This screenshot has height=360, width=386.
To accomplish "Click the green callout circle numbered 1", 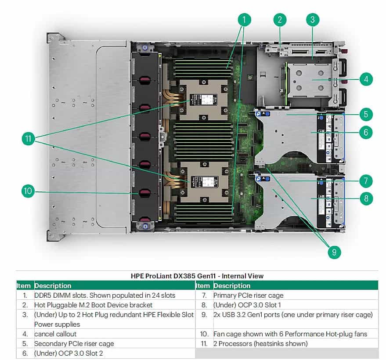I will point(245,19).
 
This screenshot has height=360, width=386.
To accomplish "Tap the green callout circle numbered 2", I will point(280,19).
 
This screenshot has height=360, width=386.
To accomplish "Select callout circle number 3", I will point(312,19).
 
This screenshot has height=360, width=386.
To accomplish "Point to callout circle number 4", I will point(366,79).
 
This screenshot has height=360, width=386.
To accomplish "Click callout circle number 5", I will point(366,115).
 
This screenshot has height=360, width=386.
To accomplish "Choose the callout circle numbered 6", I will point(366,132).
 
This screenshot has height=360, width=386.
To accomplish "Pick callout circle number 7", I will point(366,180).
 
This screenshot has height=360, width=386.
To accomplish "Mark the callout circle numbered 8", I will point(366,198).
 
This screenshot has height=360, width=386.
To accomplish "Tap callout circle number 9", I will point(334,252).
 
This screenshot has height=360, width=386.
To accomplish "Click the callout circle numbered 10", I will point(28,191).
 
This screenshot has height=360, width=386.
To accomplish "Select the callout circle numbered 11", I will point(28,139).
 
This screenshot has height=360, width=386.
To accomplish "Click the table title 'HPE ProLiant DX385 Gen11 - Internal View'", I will point(197,276).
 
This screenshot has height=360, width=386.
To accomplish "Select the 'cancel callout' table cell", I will point(55,334).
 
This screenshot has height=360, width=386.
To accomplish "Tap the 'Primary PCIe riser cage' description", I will point(248,295).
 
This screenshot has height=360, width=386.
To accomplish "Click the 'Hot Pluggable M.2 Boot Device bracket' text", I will point(93,305).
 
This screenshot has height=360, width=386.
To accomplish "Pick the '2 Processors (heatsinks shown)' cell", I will point(260,344).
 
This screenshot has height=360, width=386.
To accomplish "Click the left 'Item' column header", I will point(24,286).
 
